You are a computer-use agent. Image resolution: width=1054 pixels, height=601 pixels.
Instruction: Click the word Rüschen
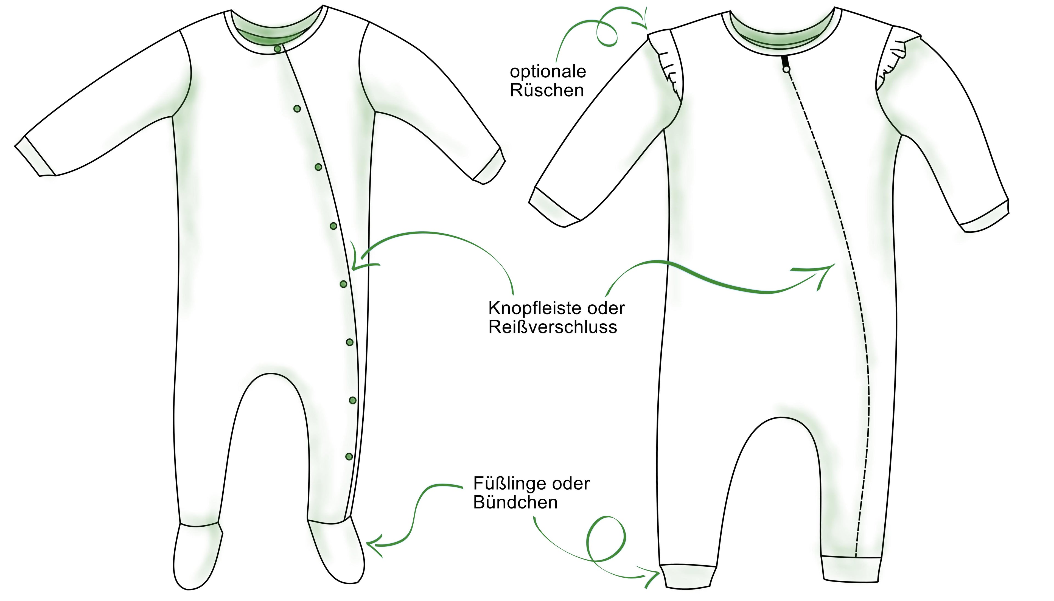(547, 90)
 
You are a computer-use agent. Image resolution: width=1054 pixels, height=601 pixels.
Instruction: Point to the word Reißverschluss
(553, 327)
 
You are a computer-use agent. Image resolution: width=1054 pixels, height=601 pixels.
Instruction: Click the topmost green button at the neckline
(278, 49)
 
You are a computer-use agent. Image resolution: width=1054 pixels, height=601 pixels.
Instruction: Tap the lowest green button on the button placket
(349, 457)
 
